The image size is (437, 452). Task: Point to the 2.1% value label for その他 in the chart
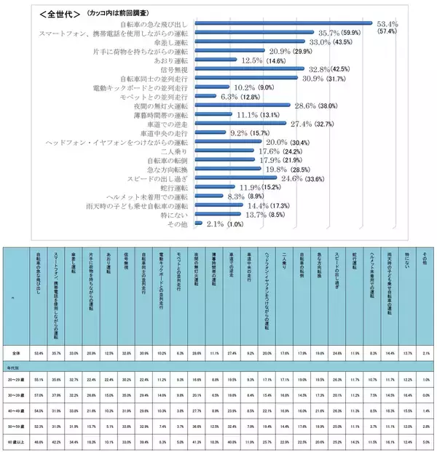click(216, 224)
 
